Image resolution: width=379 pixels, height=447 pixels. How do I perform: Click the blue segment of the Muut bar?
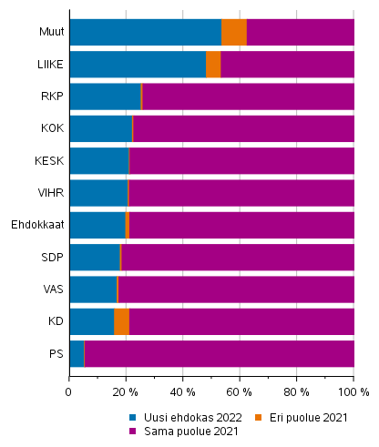tap(145, 32)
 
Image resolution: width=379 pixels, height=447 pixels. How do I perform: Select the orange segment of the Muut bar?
tap(234, 32)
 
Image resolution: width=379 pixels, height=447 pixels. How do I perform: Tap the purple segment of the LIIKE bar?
tap(287, 65)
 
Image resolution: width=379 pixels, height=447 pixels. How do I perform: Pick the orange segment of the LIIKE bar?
tap(213, 65)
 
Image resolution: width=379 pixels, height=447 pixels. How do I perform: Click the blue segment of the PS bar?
tap(76, 353)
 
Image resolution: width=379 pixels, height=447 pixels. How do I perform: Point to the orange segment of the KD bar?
tap(121, 321)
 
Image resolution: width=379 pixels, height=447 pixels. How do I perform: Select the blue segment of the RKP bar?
tap(105, 97)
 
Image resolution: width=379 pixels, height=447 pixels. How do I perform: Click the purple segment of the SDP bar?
tap(237, 257)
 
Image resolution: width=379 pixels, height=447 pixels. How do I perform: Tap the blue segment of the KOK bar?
tap(100, 128)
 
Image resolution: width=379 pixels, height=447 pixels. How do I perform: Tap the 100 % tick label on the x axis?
tap(353, 392)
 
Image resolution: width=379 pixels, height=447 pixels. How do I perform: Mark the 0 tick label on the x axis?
tap(69, 392)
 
